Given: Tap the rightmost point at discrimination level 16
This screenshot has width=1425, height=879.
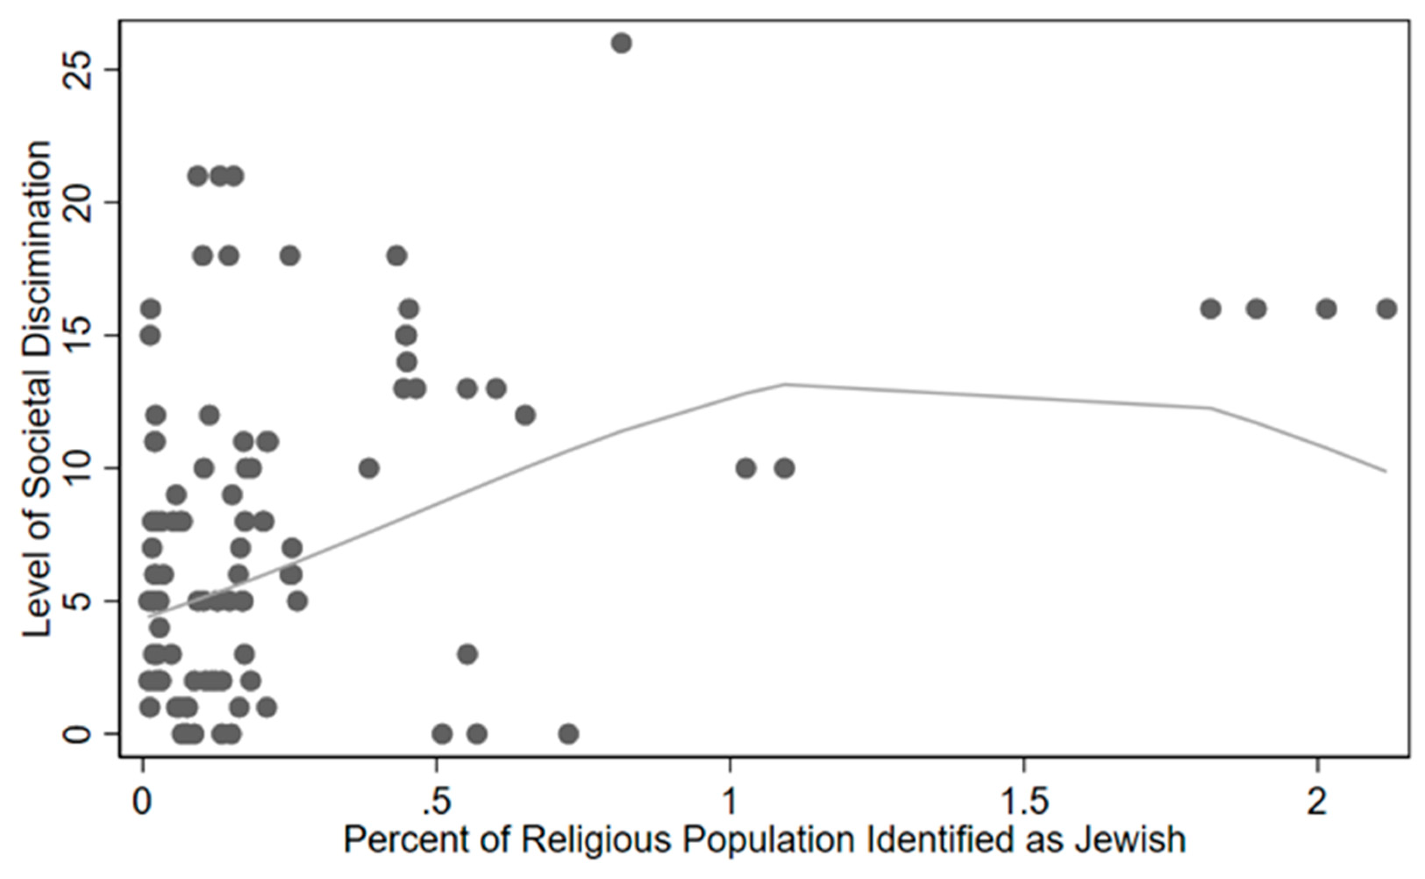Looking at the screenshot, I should [x=1386, y=308].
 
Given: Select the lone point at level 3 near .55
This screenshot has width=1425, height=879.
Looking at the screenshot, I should [x=467, y=654].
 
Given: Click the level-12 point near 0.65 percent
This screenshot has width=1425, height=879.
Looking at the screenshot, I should [x=525, y=415].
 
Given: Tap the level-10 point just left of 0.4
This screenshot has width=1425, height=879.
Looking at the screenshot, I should [x=369, y=468].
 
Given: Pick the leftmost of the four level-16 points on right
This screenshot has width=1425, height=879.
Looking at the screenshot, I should [x=1211, y=308].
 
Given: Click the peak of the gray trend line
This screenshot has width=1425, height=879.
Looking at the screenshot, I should [x=784, y=384].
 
